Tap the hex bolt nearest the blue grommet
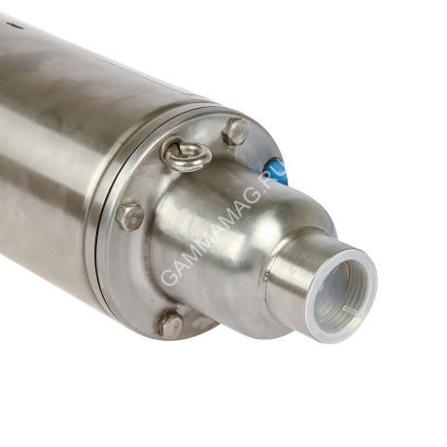235,132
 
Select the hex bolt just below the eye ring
130,216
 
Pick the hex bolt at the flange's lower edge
171,325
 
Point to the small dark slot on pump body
15,25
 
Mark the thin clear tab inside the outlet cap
354,313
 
